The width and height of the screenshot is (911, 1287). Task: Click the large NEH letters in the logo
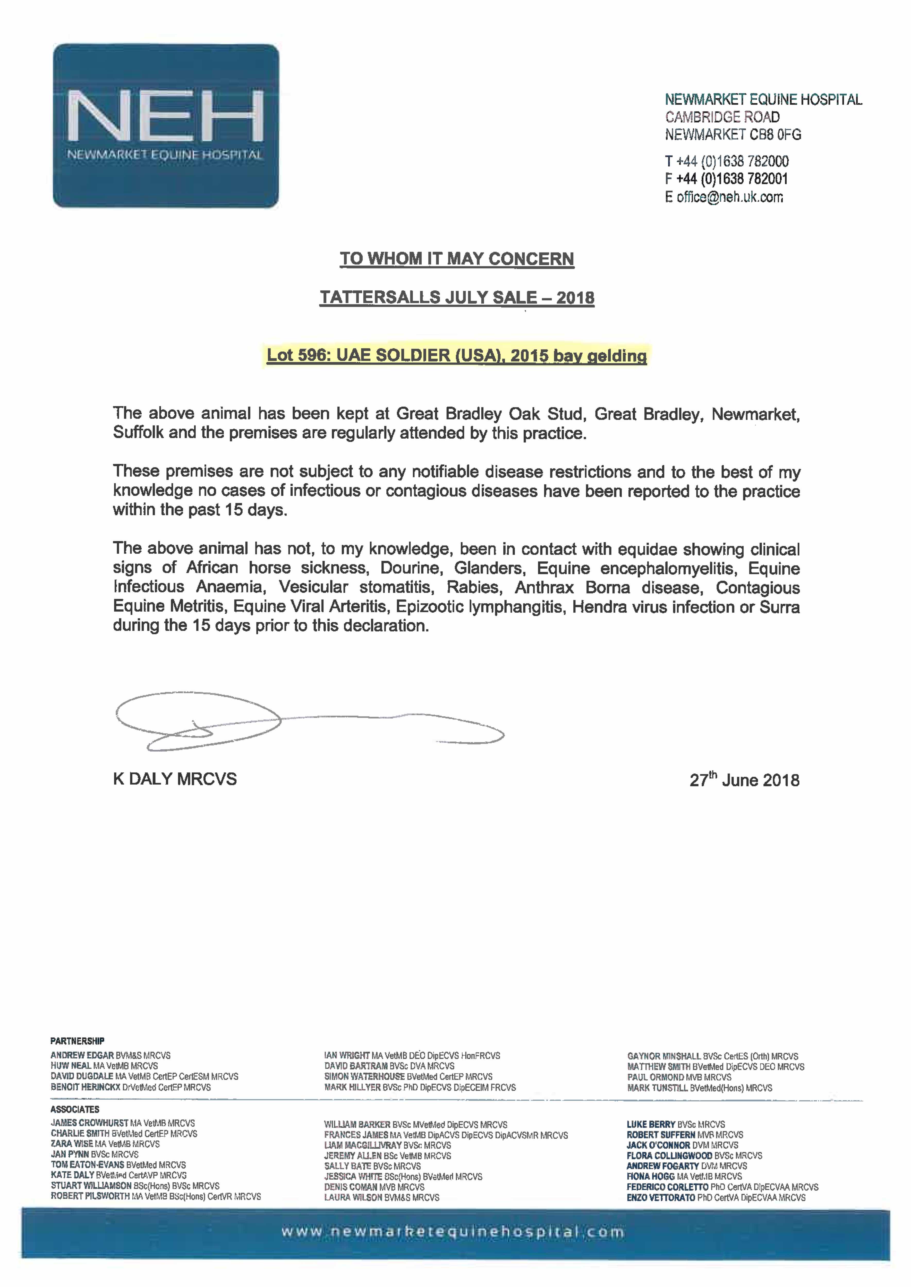[x=165, y=116]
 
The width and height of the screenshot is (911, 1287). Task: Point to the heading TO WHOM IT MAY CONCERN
[x=457, y=259]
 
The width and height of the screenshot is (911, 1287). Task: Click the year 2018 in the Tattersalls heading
[x=575, y=298]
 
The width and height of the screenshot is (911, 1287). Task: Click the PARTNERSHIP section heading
[x=78, y=1041]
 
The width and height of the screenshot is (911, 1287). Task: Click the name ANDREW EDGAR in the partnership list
[x=82, y=1055]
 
